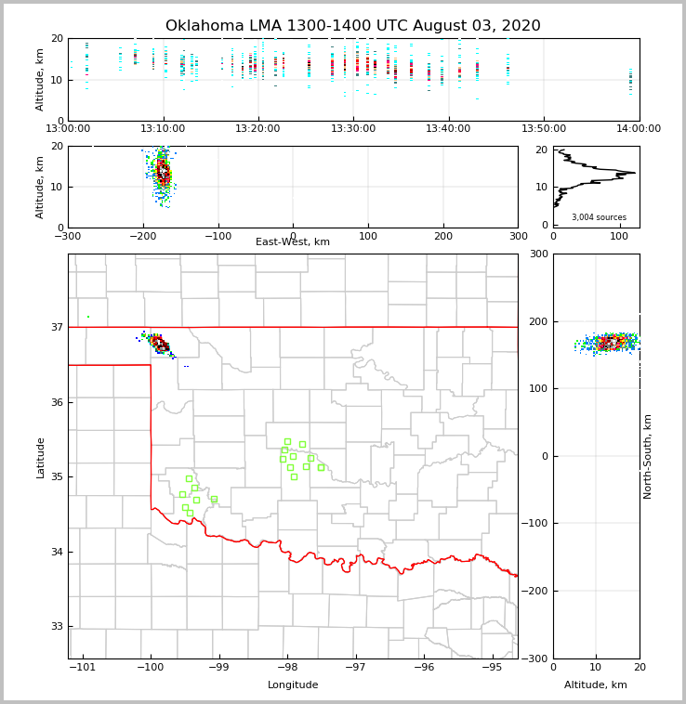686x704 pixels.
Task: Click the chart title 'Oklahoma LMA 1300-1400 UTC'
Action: (x=352, y=26)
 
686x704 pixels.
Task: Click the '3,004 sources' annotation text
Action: (x=599, y=217)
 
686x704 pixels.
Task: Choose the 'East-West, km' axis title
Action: (x=293, y=242)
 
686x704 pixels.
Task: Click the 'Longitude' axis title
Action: (x=293, y=685)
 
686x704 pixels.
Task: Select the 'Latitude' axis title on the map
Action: (x=40, y=457)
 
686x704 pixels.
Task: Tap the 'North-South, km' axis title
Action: (x=648, y=456)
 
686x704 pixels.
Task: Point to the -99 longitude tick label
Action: (x=218, y=668)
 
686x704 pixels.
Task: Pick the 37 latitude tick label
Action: (x=56, y=327)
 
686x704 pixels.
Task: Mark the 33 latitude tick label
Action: (x=56, y=627)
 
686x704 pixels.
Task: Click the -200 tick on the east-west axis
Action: (x=142, y=236)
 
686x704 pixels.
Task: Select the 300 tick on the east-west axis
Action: (x=518, y=236)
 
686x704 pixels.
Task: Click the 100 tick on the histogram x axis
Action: (x=619, y=236)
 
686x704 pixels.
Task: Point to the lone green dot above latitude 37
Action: (x=88, y=317)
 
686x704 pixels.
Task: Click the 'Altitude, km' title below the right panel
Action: (x=596, y=685)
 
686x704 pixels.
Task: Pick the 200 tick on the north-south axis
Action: (x=537, y=321)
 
